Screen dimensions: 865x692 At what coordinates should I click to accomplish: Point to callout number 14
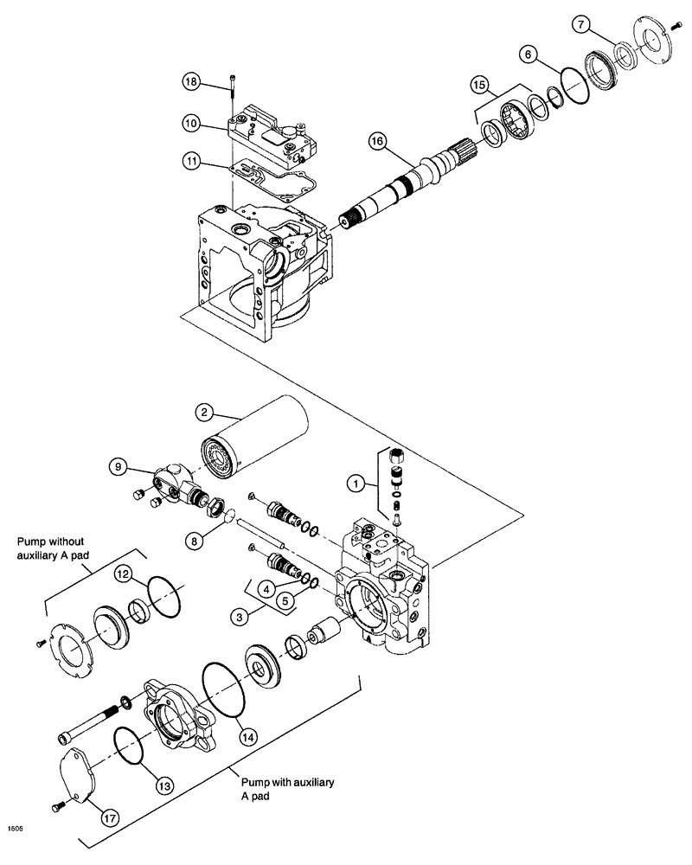pyautogui.click(x=249, y=737)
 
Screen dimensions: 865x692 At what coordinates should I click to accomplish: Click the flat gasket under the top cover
pyautogui.click(x=275, y=181)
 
